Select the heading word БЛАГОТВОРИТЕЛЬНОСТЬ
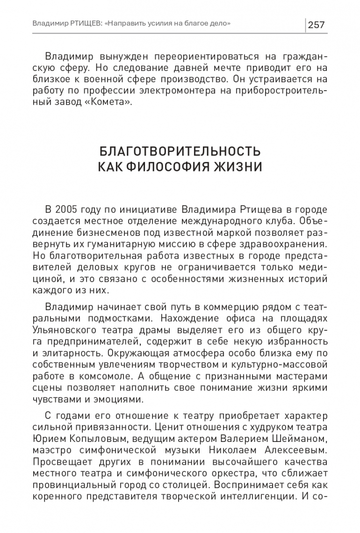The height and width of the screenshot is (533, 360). tap(180, 152)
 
